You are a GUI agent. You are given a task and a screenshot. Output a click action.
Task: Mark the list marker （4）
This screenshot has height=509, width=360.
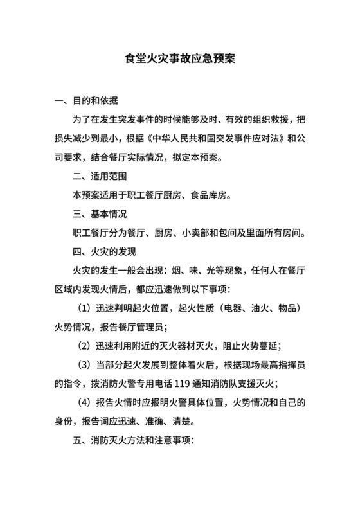(x=85, y=404)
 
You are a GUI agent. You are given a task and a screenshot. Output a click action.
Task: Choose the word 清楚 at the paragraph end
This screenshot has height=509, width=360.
(x=188, y=422)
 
